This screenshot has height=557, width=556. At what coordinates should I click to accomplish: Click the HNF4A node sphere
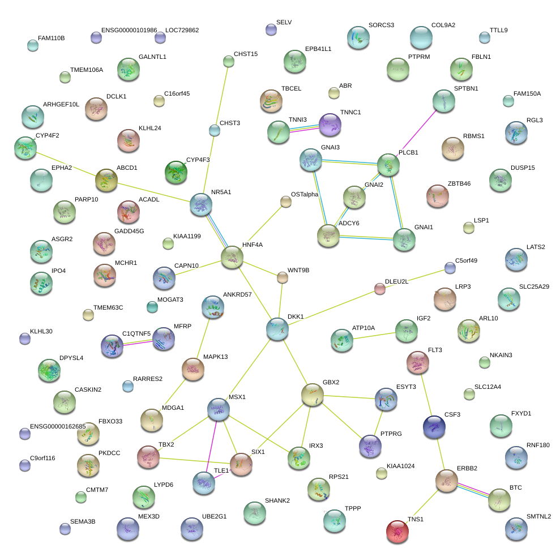[x=232, y=257]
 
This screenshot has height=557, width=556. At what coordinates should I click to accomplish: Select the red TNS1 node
[x=397, y=531]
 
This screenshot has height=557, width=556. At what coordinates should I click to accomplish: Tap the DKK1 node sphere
[x=277, y=328]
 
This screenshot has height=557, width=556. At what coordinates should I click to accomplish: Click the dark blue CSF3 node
[x=434, y=426]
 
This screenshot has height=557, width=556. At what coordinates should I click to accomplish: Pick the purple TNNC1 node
[x=330, y=124]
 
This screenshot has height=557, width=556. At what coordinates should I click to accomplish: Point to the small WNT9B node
[x=282, y=277]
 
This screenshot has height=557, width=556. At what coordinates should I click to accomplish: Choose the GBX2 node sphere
[x=312, y=394]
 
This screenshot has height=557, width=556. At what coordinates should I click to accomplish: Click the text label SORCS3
[x=381, y=25]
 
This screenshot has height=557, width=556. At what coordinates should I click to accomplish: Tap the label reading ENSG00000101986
[x=129, y=30]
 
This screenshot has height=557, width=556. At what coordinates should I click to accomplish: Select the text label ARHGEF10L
[x=61, y=105]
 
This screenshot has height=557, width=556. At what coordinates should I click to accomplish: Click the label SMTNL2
[x=538, y=516]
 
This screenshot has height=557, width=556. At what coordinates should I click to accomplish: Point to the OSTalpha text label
[x=305, y=194]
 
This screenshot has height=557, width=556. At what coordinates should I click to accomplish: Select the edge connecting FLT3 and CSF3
[x=425, y=394]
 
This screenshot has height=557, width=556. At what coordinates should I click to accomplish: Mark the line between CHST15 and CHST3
[x=221, y=95]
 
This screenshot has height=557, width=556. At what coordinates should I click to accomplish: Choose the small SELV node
[x=271, y=30]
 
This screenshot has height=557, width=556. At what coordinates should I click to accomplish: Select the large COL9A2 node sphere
[x=421, y=37]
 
